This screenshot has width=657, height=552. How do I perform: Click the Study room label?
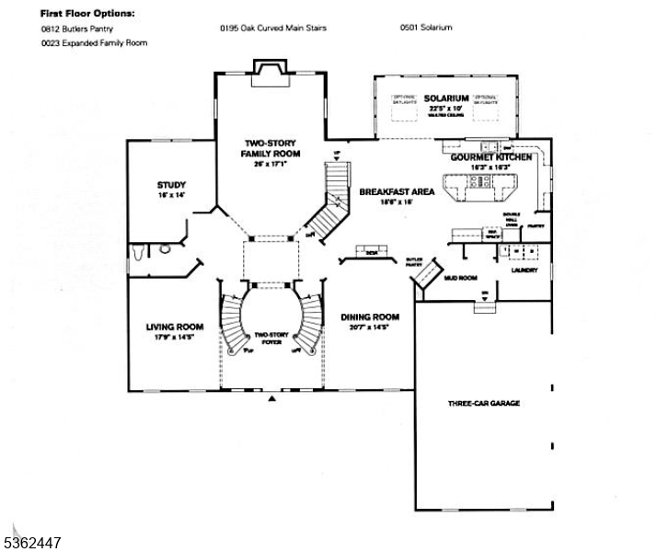[x=171, y=185]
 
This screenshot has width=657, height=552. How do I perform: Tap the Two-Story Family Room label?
[x=270, y=148]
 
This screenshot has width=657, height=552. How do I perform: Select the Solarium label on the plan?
[x=446, y=98]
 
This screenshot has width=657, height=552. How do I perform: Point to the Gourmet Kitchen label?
[x=491, y=158]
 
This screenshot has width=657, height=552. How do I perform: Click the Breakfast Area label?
[x=397, y=191]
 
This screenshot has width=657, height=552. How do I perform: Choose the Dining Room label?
[x=370, y=316]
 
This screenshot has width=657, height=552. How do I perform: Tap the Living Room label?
[x=174, y=326]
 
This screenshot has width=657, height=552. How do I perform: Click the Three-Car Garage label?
[x=484, y=403]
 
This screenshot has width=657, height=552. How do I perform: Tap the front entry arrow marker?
[x=271, y=400]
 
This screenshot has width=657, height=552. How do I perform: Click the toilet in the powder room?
[x=167, y=247]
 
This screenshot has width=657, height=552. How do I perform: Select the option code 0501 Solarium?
[x=426, y=28]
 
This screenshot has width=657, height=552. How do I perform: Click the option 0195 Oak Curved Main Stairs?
[x=272, y=28]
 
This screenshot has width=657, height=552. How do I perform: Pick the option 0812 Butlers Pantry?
[x=76, y=29]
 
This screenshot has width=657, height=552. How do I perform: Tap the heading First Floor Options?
[x=87, y=14]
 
